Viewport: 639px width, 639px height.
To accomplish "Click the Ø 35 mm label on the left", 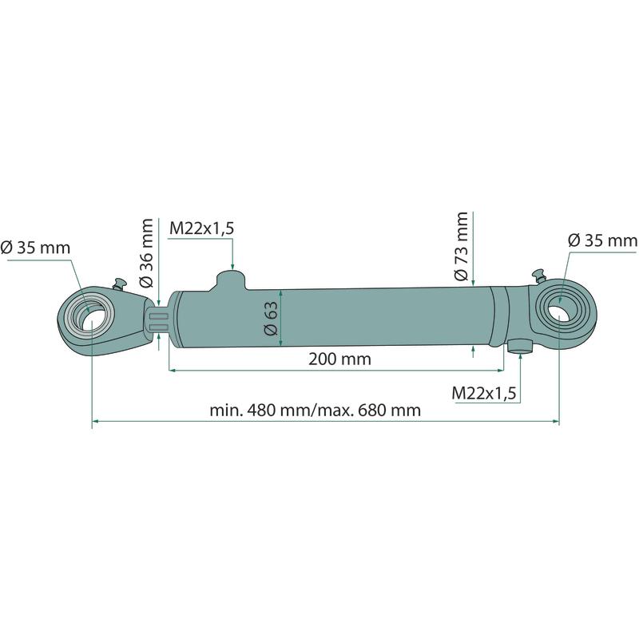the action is coord(35,248).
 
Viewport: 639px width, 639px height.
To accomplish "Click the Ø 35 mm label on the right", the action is coord(603,240).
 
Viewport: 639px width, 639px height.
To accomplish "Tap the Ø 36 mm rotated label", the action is coord(145,253).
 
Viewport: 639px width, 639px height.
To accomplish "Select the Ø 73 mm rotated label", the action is coord(462,246).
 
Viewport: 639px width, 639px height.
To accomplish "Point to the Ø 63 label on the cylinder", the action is coord(271,318).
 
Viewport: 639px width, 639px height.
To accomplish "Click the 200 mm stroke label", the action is coord(340,359).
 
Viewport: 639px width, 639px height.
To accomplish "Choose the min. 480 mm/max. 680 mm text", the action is coord(315,410).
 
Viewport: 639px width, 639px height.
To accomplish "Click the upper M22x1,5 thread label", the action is coord(202,228).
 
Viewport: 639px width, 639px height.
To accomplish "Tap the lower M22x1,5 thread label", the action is coord(484,393).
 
